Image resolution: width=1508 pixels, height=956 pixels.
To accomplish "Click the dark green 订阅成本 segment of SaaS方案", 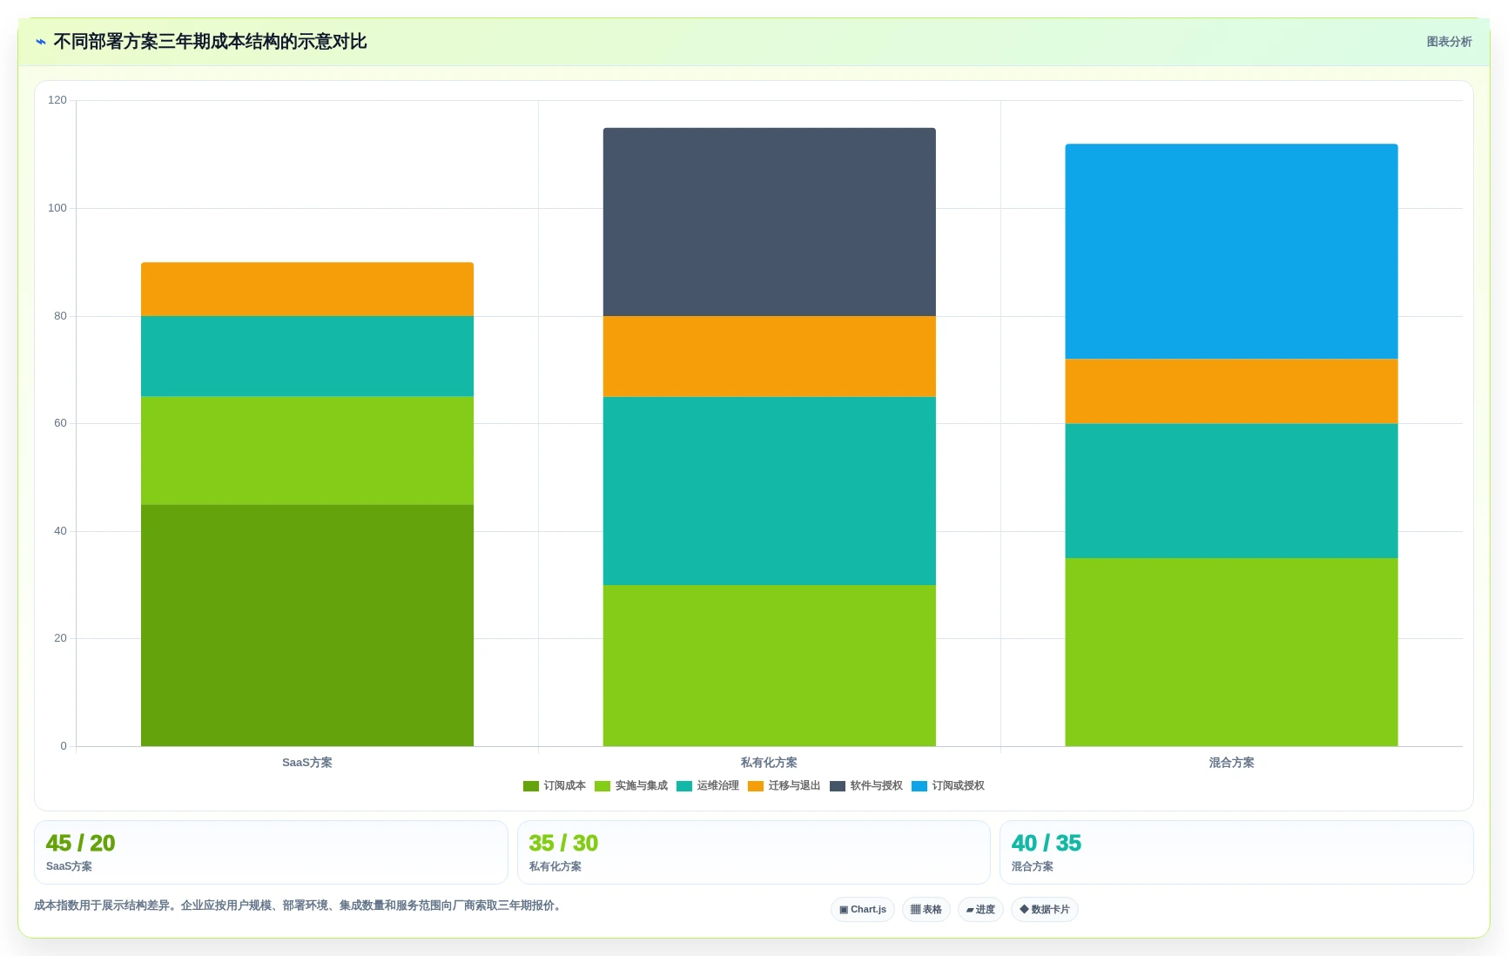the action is tap(307, 625).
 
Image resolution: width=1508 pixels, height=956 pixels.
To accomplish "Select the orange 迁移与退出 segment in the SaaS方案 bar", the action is tap(307, 289).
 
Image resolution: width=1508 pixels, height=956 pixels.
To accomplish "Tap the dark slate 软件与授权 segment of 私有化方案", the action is tap(770, 222).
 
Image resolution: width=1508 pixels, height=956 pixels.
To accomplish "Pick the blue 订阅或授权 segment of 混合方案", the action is tap(1231, 252).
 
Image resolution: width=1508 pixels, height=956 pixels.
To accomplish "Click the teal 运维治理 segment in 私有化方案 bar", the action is tap(770, 491).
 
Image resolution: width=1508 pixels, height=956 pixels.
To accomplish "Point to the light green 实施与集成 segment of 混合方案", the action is tap(1231, 652).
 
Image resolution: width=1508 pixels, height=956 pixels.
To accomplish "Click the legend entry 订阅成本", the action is tap(555, 785).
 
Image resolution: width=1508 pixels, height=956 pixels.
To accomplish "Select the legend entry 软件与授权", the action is tap(866, 785).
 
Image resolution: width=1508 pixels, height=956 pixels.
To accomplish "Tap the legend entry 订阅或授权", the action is tap(948, 785).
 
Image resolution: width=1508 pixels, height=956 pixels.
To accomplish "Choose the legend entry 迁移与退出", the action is tap(784, 785).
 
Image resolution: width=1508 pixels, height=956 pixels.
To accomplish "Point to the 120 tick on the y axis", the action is tap(57, 100).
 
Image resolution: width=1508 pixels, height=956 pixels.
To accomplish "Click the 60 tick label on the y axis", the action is tap(60, 423).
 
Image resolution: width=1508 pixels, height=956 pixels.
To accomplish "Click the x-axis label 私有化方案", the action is tap(769, 763).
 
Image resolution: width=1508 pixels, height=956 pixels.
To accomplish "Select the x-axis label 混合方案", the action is tap(1231, 763).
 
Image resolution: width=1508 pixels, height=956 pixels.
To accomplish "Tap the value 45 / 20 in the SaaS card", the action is tap(81, 843).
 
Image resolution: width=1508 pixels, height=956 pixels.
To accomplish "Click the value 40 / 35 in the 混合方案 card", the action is tap(1047, 843).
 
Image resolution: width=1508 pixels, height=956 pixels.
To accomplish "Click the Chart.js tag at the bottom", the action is tap(863, 909).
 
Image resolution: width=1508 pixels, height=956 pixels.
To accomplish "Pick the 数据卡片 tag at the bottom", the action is tap(1045, 909).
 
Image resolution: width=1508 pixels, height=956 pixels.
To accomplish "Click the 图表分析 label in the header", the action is tap(1449, 42).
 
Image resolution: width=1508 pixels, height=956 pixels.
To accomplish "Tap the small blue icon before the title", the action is tap(41, 42).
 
